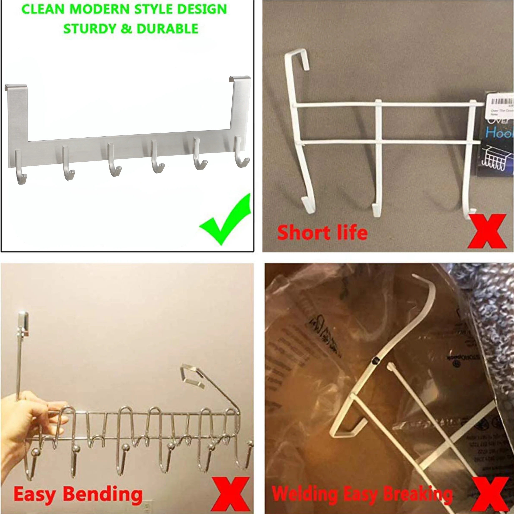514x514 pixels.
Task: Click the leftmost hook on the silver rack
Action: coord(20,170)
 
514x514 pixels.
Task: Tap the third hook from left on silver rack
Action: coord(114,162)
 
